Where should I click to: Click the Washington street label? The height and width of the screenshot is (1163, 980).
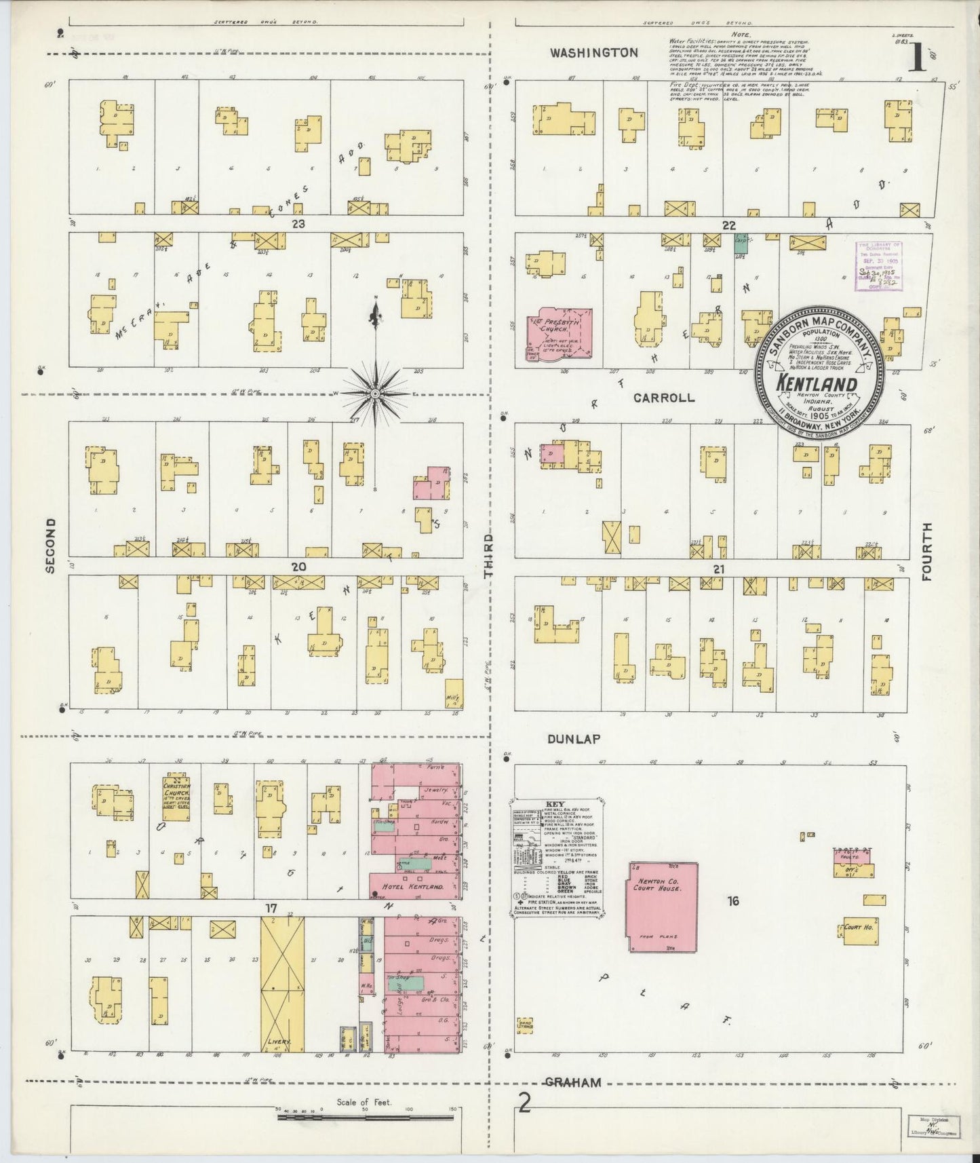click(x=593, y=52)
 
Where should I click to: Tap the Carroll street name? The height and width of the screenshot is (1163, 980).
click(x=663, y=398)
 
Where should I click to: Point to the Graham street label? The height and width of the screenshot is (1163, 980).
click(x=574, y=1082)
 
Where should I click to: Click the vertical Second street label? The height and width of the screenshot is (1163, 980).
click(x=50, y=546)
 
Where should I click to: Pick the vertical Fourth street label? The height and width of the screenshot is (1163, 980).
click(x=927, y=551)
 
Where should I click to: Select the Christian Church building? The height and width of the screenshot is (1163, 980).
click(x=176, y=797)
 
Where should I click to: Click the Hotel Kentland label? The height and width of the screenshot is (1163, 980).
click(x=413, y=887)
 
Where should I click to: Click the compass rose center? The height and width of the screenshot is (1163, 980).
click(x=374, y=394)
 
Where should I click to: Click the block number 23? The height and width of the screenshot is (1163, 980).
click(x=298, y=224)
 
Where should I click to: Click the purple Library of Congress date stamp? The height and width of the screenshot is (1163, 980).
click(x=878, y=265)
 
